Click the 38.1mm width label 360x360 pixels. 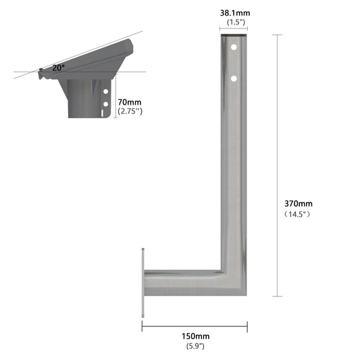[235, 13]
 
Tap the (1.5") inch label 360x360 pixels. [236, 22]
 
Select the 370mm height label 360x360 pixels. [299, 204]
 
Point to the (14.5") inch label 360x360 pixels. [297, 214]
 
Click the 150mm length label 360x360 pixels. [196, 336]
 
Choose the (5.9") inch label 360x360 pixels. [195, 346]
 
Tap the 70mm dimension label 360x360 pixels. [130, 102]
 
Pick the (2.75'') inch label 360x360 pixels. [130, 111]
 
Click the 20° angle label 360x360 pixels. [59, 68]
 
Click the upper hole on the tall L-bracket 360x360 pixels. [234, 47]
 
